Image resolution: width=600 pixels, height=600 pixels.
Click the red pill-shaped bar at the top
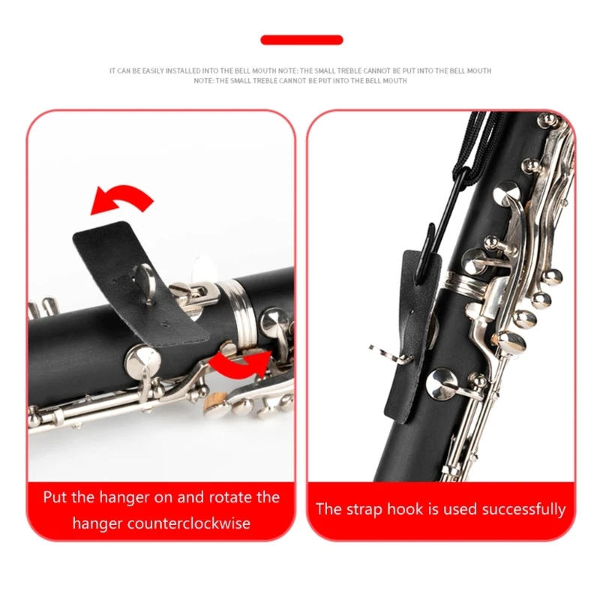pyautogui.click(x=301, y=40)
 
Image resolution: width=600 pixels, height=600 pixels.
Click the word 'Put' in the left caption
pyautogui.click(x=56, y=496)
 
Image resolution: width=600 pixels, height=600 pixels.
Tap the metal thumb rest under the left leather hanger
pyautogui.click(x=147, y=285)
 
